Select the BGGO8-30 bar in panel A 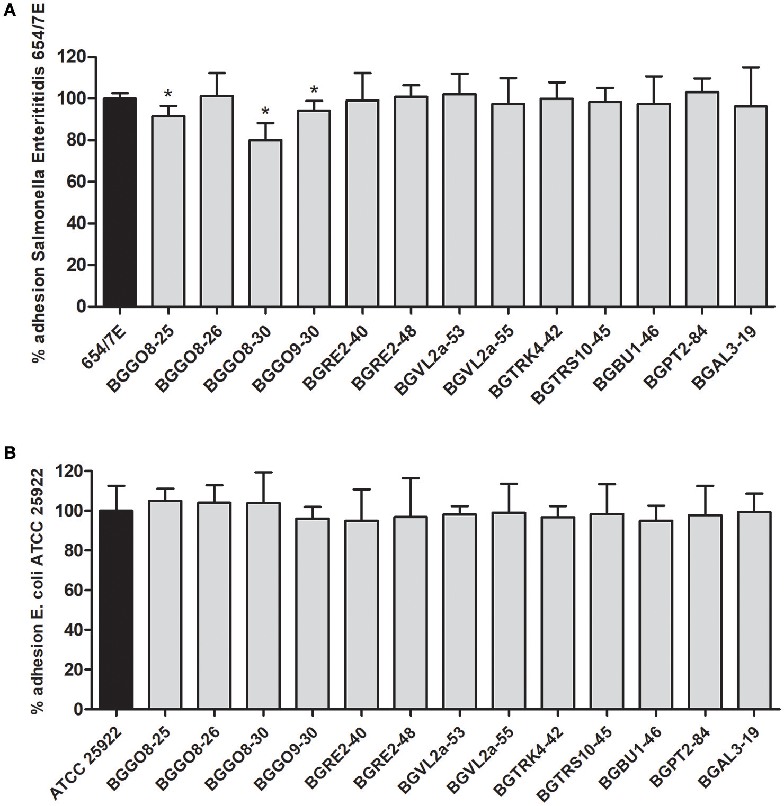click(x=265, y=223)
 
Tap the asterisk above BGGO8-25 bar click(x=168, y=94)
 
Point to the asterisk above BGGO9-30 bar click(x=314, y=89)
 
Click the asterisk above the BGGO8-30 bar click(x=265, y=112)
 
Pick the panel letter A click(x=9, y=11)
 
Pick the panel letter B click(x=9, y=454)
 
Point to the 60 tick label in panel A click(x=73, y=182)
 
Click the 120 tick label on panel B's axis click(x=70, y=471)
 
